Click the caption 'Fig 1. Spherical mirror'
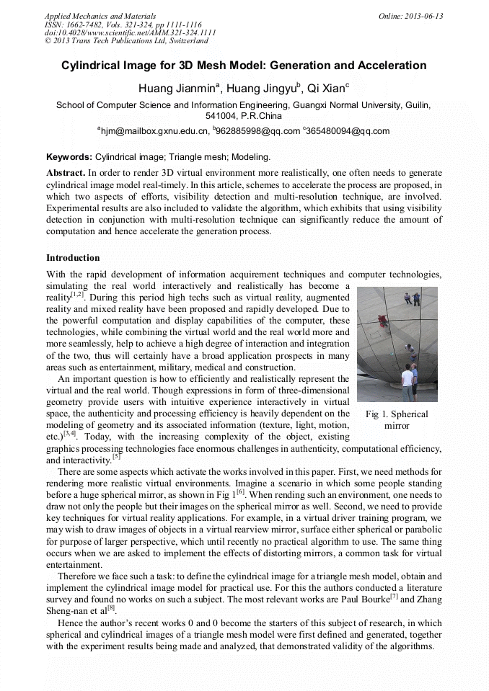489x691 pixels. [x=397, y=419]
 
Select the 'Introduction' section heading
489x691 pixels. [x=73, y=257]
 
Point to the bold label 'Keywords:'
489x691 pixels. [x=69, y=156]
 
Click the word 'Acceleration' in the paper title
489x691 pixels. [x=390, y=66]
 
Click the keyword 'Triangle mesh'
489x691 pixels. [x=197, y=156]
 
